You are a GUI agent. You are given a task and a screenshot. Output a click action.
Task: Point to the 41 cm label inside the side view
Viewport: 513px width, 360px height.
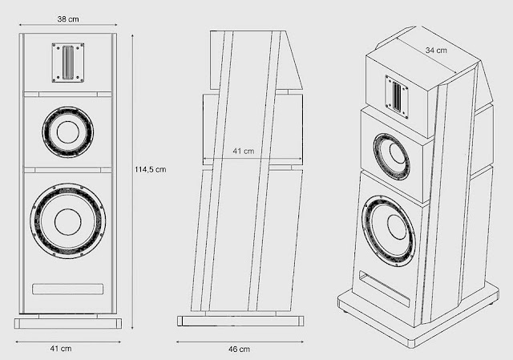point(243,150)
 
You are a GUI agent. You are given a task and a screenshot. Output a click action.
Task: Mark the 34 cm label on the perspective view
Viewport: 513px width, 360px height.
point(436,50)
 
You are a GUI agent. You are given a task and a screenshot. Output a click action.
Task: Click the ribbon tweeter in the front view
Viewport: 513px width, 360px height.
point(67,62)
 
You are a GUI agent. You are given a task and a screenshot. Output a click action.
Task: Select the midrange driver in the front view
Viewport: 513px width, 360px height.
point(67,130)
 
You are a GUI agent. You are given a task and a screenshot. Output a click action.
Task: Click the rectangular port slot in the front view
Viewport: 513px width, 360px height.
point(67,287)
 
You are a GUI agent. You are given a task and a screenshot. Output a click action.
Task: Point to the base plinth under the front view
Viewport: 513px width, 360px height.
point(67,322)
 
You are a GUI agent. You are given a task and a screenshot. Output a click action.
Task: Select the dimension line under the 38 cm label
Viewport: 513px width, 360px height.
point(68,26)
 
